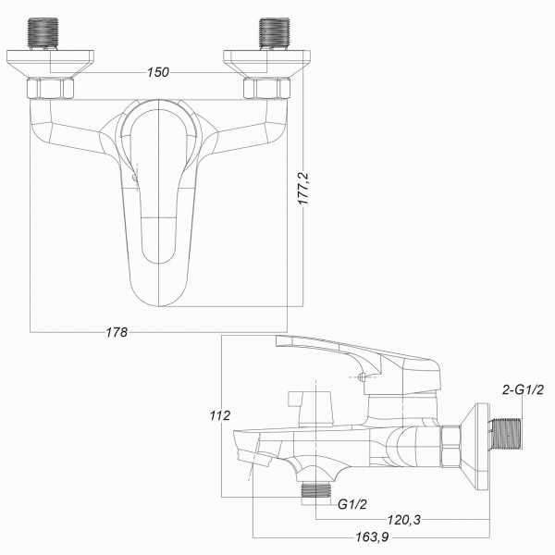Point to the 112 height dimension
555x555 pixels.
219,416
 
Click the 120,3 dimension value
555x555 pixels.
404,521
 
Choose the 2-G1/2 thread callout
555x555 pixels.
523,389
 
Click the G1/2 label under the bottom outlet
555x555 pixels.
352,505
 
